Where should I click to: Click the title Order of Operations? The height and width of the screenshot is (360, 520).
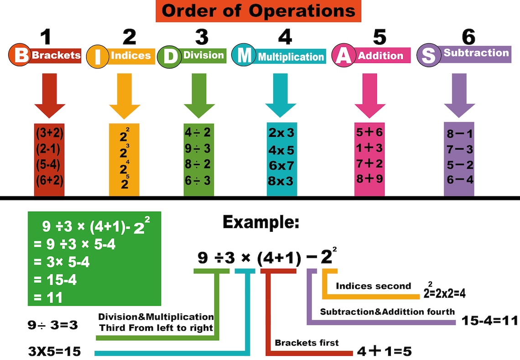coord(258,11)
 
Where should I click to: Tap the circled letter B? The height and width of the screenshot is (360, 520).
coord(20,56)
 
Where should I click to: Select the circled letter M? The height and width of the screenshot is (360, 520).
coord(244,56)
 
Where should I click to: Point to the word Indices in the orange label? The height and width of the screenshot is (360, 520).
coord(130,56)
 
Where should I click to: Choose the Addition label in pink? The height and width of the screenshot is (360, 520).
coord(380,56)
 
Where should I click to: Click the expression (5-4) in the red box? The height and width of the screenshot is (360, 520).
coord(49,164)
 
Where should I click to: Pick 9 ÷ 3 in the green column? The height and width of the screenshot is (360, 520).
coord(198,149)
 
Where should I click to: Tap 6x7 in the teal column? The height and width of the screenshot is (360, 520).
coord(281,165)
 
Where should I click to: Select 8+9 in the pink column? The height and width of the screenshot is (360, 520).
coord(369,178)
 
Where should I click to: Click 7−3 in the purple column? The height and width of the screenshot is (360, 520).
coord(460,149)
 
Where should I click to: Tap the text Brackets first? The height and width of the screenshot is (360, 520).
coord(307,343)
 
